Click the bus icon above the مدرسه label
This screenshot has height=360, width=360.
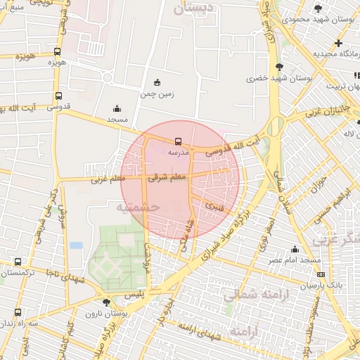177,141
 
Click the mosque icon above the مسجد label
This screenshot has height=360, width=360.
117,108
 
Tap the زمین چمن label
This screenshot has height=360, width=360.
156,93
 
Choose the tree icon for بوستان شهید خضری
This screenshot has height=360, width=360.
280,67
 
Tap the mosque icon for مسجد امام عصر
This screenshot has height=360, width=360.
295,249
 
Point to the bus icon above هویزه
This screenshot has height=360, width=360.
57,51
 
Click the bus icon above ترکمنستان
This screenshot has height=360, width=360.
18,262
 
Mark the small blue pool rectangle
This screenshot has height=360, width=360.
76,245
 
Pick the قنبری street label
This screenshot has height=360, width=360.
214,206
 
